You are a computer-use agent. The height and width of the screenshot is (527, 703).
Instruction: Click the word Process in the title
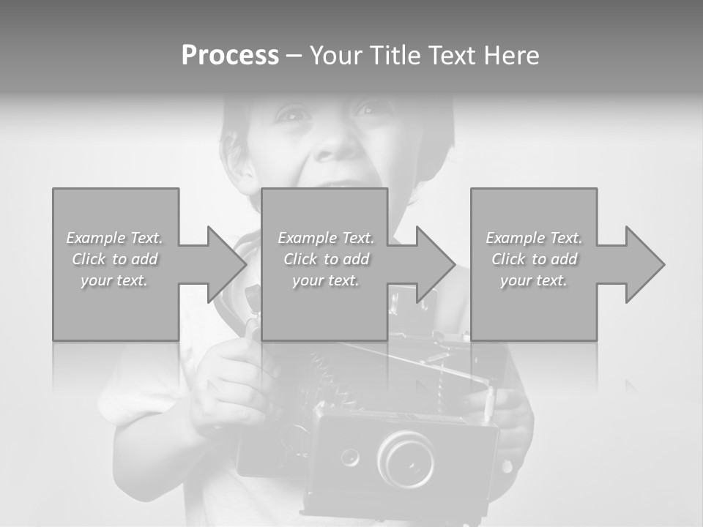click(x=230, y=56)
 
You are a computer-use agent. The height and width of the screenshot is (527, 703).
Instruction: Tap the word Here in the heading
click(x=512, y=56)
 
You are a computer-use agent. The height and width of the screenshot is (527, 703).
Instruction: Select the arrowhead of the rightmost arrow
click(x=644, y=264)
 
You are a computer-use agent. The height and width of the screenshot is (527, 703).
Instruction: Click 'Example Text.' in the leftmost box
click(x=115, y=238)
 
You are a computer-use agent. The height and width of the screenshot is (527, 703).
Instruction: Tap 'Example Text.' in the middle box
click(x=326, y=238)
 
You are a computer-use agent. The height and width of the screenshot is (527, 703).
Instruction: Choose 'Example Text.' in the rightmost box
click(x=534, y=238)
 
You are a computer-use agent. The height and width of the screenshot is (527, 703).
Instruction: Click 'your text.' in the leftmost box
click(x=115, y=280)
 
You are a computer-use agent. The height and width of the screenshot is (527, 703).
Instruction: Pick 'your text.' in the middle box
click(x=326, y=280)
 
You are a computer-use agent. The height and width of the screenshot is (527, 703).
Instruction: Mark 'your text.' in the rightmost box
click(x=534, y=280)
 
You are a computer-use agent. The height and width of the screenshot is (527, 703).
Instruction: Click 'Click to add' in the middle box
click(x=326, y=259)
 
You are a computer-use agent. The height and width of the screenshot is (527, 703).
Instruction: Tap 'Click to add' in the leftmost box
click(x=115, y=259)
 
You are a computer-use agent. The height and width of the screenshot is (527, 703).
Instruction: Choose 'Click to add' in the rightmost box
click(x=534, y=259)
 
